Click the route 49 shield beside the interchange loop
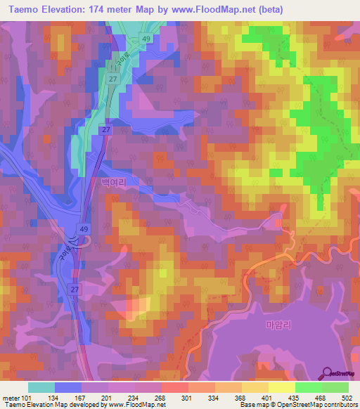coord(83,229)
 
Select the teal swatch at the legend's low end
coord(41,387)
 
